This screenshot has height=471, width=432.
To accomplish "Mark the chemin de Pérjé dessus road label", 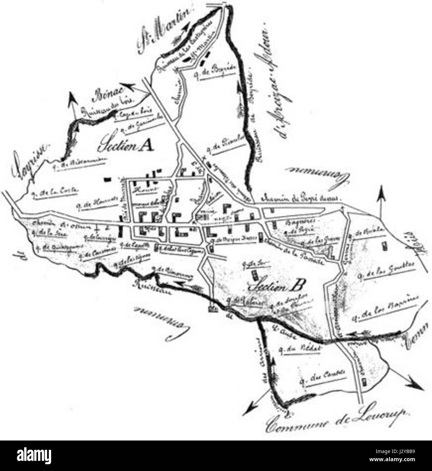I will (300, 199).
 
